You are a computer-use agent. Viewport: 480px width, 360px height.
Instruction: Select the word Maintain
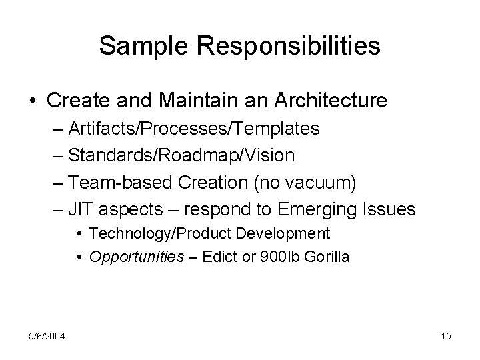tap(180, 101)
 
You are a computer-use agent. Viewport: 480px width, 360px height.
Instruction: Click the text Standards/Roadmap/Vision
tap(181, 156)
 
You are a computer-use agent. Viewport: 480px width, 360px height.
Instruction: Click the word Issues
tap(389, 209)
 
